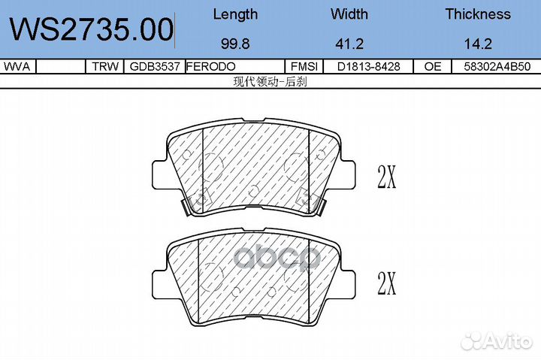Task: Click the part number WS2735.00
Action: click(92, 29)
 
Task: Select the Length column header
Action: click(235, 14)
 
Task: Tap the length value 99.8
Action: click(235, 44)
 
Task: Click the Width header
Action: click(349, 14)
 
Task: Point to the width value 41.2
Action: click(349, 44)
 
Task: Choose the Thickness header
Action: click(478, 14)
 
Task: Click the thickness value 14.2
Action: click(478, 44)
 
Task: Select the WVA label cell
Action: click(17, 66)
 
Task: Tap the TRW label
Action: click(105, 66)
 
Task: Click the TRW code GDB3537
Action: click(155, 66)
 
